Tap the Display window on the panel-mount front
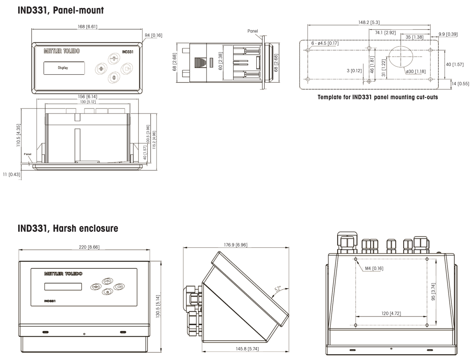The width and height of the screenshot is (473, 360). [x=65, y=69]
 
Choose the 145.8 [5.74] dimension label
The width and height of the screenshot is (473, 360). [x=242, y=350]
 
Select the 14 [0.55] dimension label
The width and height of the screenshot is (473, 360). [x=460, y=83]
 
